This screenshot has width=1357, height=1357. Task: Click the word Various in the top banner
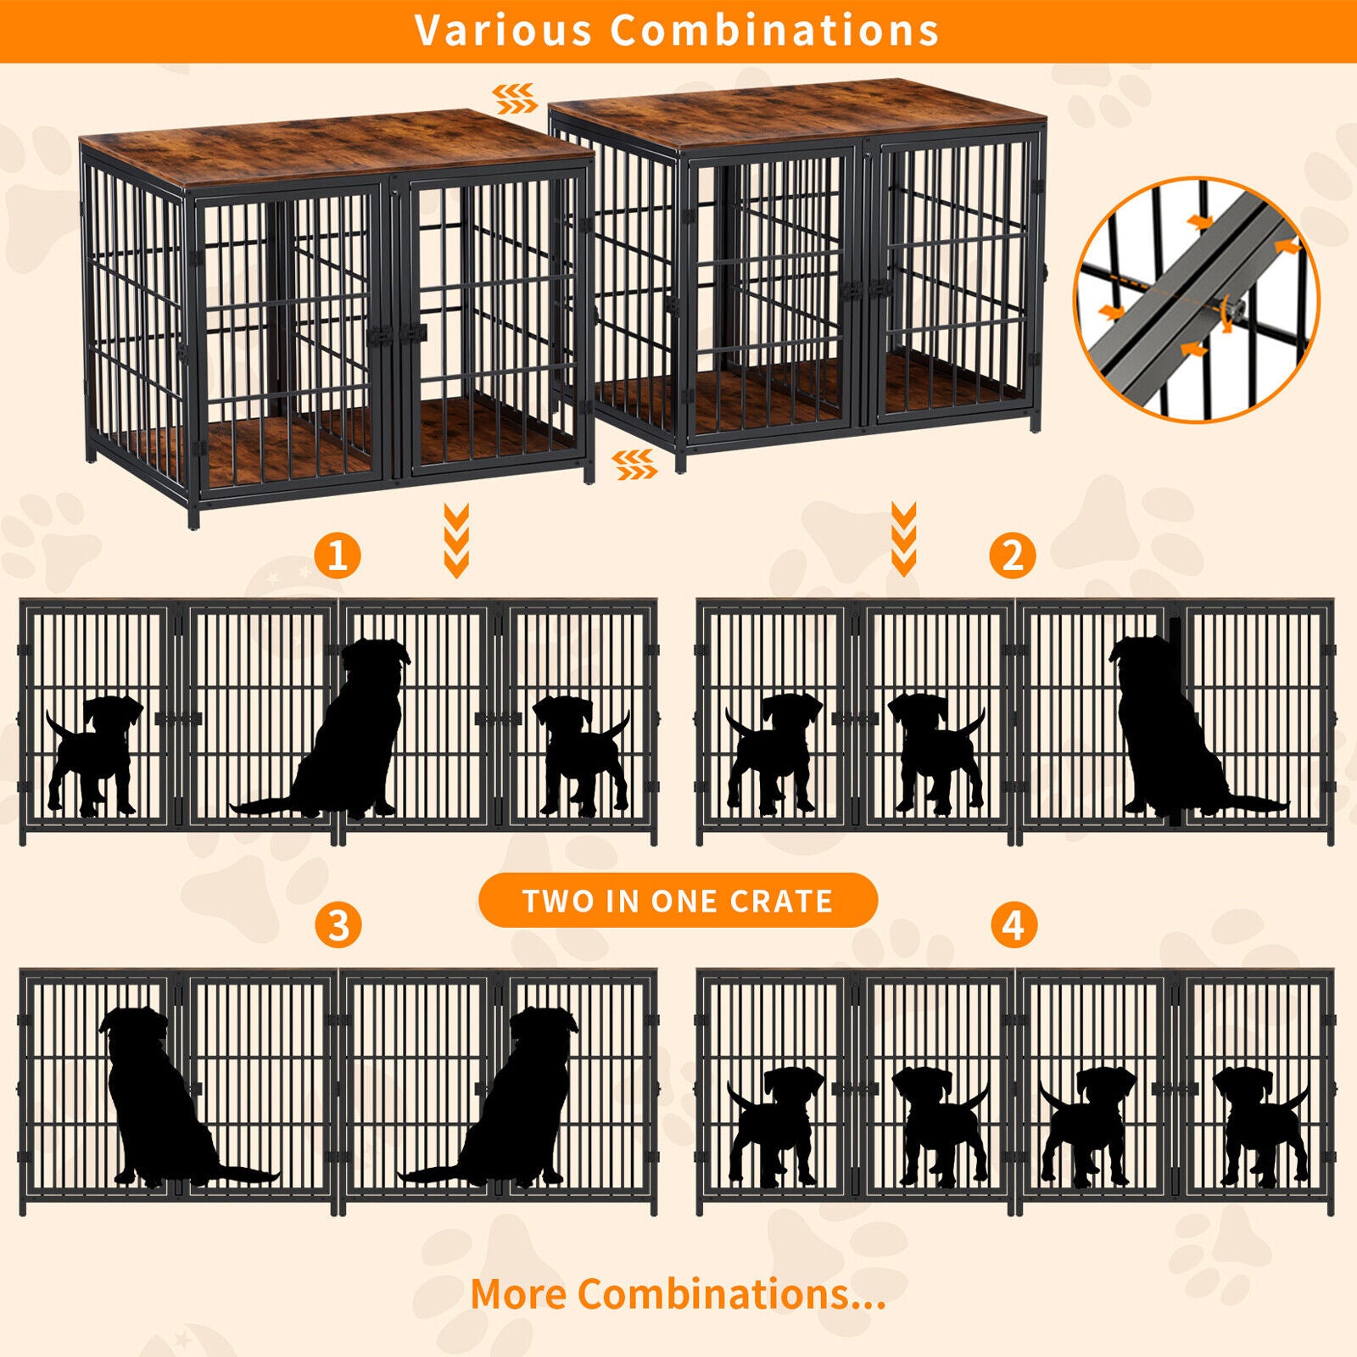[502, 31]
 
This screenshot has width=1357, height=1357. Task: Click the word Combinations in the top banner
[774, 31]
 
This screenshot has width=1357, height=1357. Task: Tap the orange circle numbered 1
[338, 556]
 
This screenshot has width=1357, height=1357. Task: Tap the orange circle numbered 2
[1012, 556]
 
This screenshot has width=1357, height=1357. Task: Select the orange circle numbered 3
[338, 924]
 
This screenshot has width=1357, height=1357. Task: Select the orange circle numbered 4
[1013, 924]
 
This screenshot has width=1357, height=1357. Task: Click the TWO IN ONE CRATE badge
[678, 900]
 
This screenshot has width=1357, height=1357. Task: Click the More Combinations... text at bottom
[678, 1294]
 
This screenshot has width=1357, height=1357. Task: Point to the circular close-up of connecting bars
[1197, 299]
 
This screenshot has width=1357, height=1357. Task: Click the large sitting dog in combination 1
[352, 738]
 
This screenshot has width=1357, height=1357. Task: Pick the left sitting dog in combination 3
[161, 1103]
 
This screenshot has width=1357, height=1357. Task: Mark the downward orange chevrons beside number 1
[456, 539]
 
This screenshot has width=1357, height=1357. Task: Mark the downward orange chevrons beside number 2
[903, 538]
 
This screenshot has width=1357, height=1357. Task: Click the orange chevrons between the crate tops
[516, 98]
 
